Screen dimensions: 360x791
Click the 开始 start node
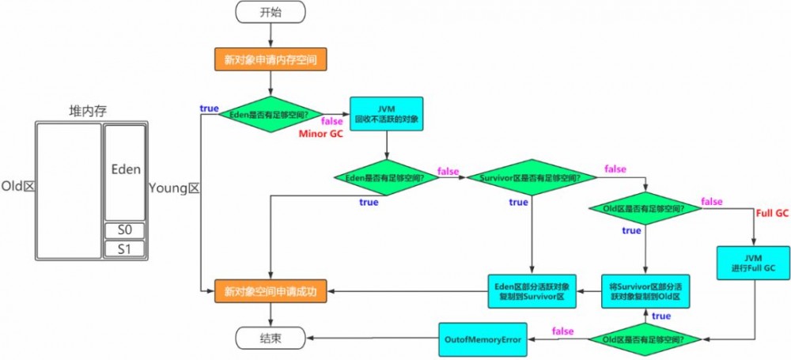271,13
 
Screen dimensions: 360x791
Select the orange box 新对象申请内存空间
271,59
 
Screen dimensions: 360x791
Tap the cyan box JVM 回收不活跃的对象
386,113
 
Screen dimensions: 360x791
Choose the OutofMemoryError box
484,339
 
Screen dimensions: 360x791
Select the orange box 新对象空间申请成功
271,292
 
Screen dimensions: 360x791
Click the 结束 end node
271,339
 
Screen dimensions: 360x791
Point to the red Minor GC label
320,134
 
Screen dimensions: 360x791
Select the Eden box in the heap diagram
125,170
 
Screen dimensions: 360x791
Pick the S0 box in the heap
125,230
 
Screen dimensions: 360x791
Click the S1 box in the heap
125,248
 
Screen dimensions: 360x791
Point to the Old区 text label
17,186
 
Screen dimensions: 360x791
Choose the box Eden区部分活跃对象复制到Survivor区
531,292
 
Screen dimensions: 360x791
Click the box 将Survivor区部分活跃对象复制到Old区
645,292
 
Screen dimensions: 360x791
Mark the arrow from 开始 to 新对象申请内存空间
271,36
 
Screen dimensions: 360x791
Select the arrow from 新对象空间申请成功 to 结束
271,316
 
